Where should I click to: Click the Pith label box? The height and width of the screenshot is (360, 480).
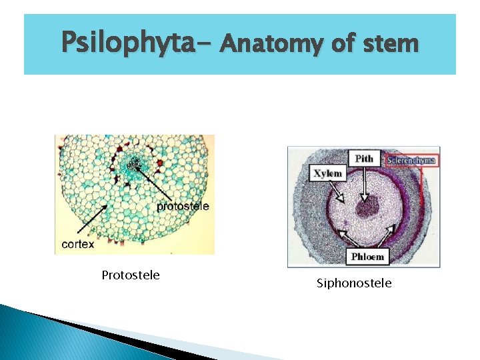(364, 158)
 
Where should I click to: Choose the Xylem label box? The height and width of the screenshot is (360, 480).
(327, 173)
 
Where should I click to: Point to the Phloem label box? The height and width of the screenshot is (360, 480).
(367, 256)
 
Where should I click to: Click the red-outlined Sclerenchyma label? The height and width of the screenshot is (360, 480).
(409, 160)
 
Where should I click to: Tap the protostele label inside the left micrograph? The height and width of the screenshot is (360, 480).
(182, 206)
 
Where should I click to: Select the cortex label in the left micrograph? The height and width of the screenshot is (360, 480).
(78, 244)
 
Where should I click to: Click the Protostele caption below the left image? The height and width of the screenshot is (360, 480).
(131, 275)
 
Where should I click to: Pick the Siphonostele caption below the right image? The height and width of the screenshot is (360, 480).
(354, 283)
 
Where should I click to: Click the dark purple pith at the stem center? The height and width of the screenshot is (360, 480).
(366, 206)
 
